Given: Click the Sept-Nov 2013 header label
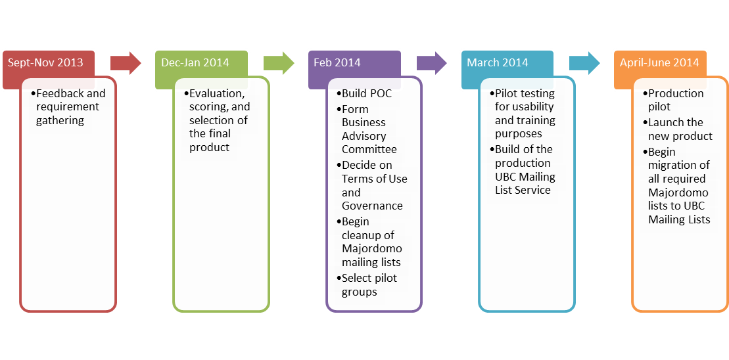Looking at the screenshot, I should (x=45, y=63).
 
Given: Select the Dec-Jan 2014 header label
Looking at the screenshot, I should (x=195, y=63).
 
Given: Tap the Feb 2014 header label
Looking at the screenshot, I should (x=337, y=63).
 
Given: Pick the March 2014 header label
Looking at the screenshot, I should (x=498, y=63).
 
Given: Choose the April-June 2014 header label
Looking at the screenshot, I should (x=659, y=63).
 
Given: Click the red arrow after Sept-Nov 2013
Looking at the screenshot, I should (x=126, y=62).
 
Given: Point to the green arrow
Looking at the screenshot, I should (x=279, y=62).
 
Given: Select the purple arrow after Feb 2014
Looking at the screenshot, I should (x=432, y=62).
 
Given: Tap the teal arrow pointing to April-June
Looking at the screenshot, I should (x=584, y=62).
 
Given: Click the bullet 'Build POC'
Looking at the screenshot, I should (x=366, y=93).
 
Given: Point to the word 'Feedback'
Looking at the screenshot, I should (x=60, y=93).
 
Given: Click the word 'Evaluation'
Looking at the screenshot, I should (x=216, y=93).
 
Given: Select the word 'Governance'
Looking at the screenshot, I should (x=372, y=206).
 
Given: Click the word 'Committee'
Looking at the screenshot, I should (x=369, y=149).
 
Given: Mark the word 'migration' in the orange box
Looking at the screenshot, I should (x=684, y=165).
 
